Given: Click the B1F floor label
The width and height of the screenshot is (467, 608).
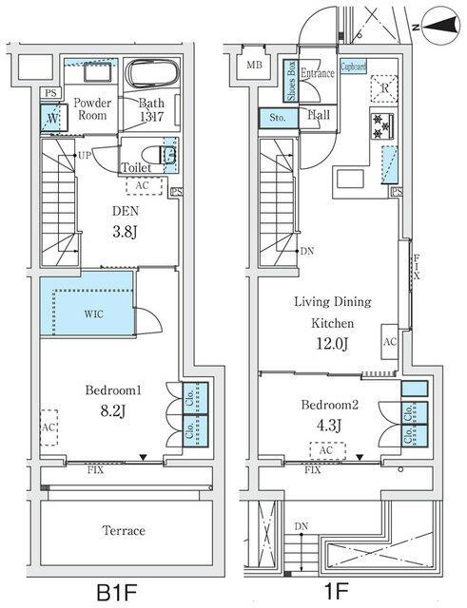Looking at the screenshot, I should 118,591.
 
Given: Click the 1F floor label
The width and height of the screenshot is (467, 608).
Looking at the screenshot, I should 336,591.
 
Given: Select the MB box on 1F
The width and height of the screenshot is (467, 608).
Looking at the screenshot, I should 254,65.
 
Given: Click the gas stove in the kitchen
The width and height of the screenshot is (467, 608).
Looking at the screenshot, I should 383,123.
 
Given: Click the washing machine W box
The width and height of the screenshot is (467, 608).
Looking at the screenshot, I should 51,119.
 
